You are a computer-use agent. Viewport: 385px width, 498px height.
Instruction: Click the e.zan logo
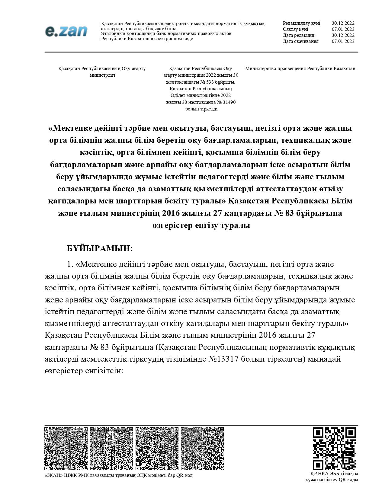66,31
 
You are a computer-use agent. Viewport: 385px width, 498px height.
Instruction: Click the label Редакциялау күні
301,23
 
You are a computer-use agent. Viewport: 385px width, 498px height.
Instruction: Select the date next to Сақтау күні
343,29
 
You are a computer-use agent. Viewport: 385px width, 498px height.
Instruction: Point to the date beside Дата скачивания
343,41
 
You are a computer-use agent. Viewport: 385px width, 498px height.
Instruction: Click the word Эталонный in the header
112,34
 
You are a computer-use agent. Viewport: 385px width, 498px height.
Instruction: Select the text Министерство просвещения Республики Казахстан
300,69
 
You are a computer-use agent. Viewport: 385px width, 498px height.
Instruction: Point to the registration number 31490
229,102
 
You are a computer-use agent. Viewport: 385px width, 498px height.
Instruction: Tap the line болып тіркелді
201,109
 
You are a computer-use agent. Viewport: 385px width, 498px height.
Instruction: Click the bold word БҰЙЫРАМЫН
98,248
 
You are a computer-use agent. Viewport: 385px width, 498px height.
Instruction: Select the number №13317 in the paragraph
223,359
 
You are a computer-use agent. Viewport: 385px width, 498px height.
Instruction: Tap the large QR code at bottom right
334,449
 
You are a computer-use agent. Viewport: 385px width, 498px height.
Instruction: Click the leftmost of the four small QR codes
66,449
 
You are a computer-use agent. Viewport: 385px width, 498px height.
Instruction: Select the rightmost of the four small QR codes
202,449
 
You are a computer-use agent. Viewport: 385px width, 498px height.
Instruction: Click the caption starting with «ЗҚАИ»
118,475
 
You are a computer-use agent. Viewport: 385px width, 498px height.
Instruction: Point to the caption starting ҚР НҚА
332,477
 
